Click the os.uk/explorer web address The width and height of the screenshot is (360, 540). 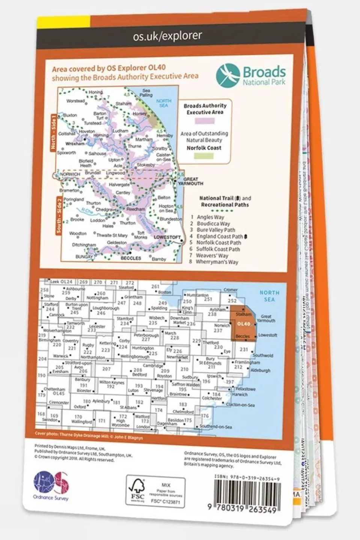[x=167, y=36]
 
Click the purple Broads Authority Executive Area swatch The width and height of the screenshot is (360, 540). [x=204, y=121]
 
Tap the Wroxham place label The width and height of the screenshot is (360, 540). [x=75, y=144]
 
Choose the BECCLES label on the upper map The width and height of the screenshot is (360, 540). [x=131, y=258]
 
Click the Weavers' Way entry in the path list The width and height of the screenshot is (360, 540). [x=212, y=255]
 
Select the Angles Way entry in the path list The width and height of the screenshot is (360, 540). [x=210, y=217]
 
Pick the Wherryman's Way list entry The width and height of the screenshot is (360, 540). [x=217, y=262]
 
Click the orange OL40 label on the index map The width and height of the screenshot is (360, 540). [x=244, y=324]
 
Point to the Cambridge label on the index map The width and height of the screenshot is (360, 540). [x=153, y=366]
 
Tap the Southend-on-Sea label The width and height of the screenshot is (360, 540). [x=216, y=427]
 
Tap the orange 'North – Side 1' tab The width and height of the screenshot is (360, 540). [x=53, y=134]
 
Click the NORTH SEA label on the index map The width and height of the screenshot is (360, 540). [x=269, y=296]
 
